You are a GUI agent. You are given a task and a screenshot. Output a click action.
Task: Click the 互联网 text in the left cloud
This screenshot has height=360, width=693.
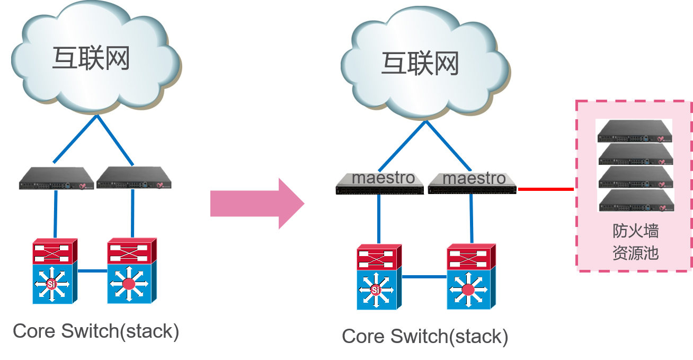pos(91,58)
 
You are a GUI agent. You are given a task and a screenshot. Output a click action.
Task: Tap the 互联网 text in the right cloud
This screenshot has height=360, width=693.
pos(420,64)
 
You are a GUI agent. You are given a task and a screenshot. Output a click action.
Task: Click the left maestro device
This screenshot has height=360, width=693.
pos(380,182)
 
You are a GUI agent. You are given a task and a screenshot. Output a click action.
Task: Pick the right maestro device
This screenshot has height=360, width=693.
pos(473,182)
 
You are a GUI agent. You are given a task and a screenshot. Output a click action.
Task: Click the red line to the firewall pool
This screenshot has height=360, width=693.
pos(546,189)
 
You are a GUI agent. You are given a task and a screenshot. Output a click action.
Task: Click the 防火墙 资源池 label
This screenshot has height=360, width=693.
pos(635,242)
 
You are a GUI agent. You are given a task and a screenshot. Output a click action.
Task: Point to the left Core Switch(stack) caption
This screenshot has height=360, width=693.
pos(96,331)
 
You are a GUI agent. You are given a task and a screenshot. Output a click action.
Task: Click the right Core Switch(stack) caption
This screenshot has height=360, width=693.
pos(425,336)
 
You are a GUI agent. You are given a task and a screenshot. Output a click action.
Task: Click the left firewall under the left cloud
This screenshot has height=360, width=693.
pos(56,178)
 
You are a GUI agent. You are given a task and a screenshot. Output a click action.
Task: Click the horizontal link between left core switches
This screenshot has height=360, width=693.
pos(92,271)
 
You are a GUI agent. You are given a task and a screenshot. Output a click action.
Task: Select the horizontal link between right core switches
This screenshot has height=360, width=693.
pos(424,277)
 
